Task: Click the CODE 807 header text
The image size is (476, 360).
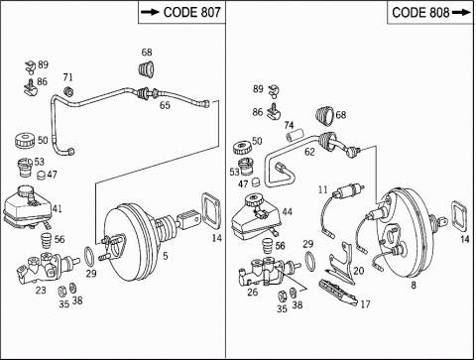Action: tap(191, 12)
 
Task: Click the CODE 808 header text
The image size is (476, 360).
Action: tap(420, 13)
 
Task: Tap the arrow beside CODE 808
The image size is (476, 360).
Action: tap(461, 13)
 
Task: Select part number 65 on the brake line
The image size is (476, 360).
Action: tap(165, 105)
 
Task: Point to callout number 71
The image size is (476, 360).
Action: tap(67, 77)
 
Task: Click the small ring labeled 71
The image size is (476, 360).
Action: tap(68, 91)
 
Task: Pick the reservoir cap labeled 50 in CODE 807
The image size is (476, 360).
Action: tap(25, 141)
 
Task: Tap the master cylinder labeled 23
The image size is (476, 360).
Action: tap(47, 267)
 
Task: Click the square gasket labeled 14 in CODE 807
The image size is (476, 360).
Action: tap(210, 211)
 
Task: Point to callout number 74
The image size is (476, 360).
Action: tap(289, 126)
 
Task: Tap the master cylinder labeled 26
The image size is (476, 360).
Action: tap(269, 271)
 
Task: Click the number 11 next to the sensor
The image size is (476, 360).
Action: tap(322, 189)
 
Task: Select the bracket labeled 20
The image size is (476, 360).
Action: tap(342, 264)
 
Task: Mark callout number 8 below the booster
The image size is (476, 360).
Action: tap(414, 285)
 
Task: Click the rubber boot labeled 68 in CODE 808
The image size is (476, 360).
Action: tap(324, 116)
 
